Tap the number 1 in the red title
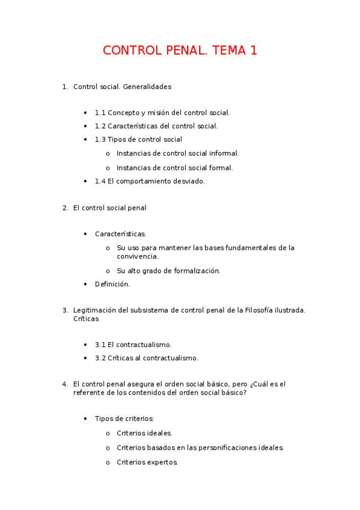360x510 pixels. (254, 51)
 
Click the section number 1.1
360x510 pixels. (100, 112)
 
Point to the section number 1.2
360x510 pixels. (100, 126)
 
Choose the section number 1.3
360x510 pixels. (100, 140)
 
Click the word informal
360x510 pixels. (224, 153)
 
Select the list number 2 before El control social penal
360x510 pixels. (65, 208)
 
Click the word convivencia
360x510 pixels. (138, 256)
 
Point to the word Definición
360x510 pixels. (112, 284)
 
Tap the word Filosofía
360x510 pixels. (263, 310)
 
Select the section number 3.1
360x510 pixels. (100, 345)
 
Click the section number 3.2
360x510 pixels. (100, 358)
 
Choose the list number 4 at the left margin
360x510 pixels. (65, 384)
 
